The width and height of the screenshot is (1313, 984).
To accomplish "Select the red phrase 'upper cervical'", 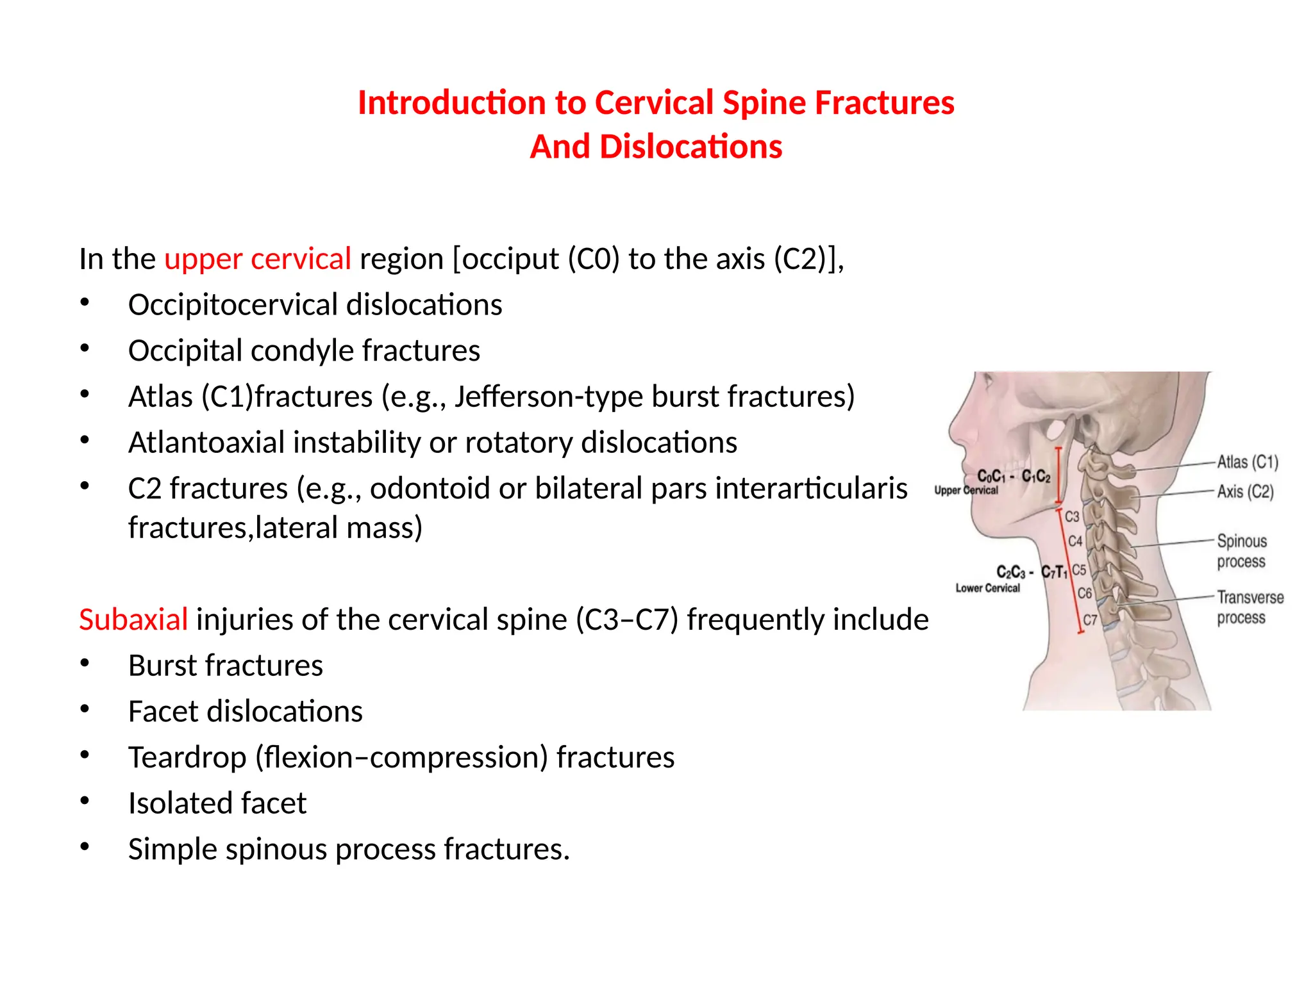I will click(258, 259).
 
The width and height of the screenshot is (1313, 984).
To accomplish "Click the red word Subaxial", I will click(133, 619).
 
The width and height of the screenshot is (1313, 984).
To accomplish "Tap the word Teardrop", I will click(187, 757).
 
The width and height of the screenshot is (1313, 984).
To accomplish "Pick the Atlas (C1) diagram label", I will click(1247, 462).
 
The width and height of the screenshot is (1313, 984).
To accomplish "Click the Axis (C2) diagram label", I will click(1245, 491).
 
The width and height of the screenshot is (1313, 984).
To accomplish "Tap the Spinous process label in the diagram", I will click(1242, 551).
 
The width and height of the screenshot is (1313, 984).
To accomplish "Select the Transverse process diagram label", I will click(1250, 607).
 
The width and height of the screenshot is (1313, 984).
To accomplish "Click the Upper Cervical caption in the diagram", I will click(966, 490).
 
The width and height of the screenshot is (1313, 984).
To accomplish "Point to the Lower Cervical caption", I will click(987, 588).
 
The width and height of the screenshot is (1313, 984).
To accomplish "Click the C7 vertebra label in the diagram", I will click(1090, 619).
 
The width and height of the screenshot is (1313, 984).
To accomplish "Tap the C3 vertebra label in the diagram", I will click(1072, 516).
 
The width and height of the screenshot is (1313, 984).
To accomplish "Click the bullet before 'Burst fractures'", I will click(85, 664).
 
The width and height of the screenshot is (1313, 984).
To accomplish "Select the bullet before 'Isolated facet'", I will click(85, 801).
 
